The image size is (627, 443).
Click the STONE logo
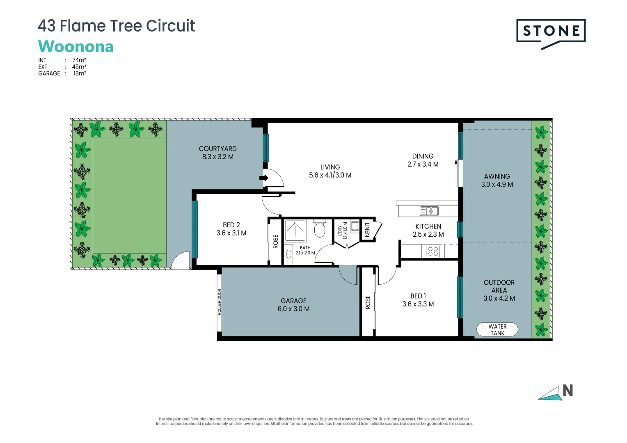pos(551,32)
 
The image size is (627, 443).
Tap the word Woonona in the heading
pos(76,46)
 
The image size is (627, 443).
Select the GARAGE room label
pos(293,301)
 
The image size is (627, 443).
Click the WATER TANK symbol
pos(497,329)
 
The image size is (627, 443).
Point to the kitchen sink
pos(429,211)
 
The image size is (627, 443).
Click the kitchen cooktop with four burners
pos(433,251)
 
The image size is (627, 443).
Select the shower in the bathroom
pos(295,231)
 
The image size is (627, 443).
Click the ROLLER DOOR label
pos(220,302)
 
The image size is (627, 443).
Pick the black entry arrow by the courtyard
pos(263,178)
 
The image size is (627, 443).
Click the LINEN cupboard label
pos(367,230)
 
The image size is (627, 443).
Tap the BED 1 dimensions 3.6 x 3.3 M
pos(418,304)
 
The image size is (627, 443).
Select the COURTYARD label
pos(217,148)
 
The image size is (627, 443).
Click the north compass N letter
pos(568,391)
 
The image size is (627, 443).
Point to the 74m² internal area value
pos(79,60)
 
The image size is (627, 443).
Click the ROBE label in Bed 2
pos(275,241)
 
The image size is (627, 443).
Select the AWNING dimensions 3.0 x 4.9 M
pos(497,185)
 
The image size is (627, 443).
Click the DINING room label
pos(423,156)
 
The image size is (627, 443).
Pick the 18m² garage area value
pos(80,73)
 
